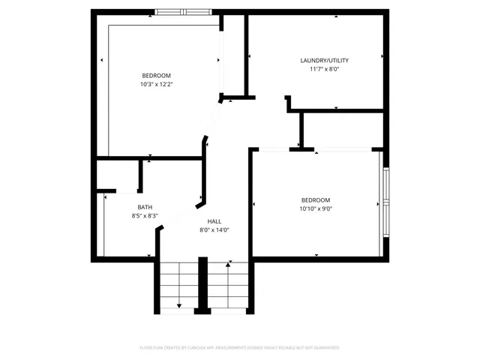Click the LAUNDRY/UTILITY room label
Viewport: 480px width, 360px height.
[324, 61]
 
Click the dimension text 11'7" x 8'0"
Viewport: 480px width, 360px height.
[324, 69]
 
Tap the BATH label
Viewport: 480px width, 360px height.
[145, 207]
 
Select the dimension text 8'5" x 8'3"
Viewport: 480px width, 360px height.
[145, 216]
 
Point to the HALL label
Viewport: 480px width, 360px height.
[214, 221]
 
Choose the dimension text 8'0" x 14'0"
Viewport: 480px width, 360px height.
[214, 230]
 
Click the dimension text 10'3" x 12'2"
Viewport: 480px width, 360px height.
[156, 84]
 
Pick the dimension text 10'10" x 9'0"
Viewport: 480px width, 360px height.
[316, 208]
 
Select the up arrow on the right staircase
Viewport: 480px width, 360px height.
[228, 265]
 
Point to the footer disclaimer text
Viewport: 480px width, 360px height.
[240, 348]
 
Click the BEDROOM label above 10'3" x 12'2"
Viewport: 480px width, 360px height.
[156, 75]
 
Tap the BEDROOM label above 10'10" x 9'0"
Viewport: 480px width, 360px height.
[316, 199]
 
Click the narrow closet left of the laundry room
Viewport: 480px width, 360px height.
[234, 56]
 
